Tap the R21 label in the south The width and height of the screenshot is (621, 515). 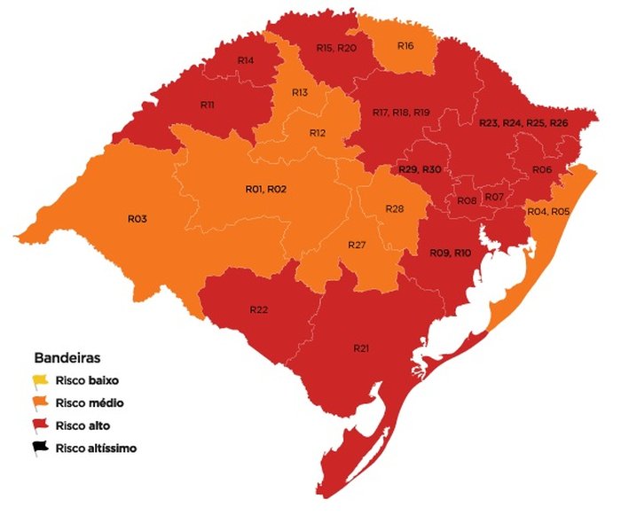[x=361, y=348]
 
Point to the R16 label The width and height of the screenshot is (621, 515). [x=405, y=45]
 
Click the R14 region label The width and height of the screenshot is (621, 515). [x=247, y=60]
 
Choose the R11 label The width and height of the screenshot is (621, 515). [x=207, y=105]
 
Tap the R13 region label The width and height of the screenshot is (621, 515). [x=300, y=92]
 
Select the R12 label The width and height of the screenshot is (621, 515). [x=318, y=133]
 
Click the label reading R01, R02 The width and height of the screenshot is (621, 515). [x=265, y=189]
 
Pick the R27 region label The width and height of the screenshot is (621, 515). [x=357, y=244]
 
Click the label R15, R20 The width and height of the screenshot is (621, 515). [x=335, y=48]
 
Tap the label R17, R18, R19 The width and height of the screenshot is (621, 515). [x=401, y=113]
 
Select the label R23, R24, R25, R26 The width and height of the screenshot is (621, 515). [x=523, y=122]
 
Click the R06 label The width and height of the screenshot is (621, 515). [x=542, y=169]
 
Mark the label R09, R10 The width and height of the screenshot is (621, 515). [x=451, y=254]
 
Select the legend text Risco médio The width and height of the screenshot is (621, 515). [x=86, y=403]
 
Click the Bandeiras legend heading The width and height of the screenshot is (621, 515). [x=67, y=359]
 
